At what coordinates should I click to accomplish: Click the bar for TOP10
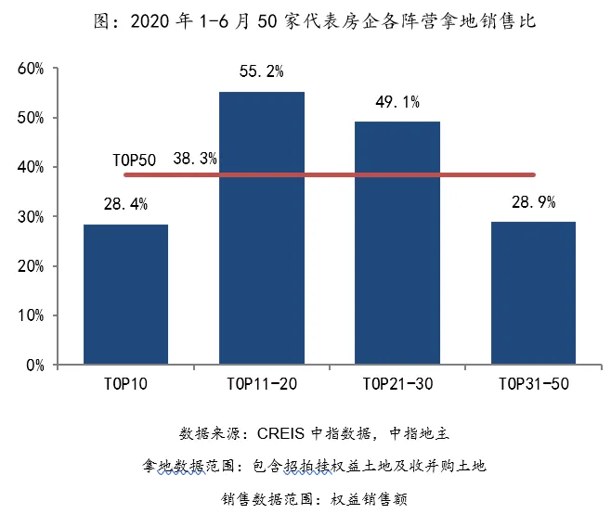pyautogui.click(x=125, y=294)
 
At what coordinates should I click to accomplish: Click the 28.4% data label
pyautogui.click(x=125, y=204)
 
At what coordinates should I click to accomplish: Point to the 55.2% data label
pyautogui.click(x=261, y=71)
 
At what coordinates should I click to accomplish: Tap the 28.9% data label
pyautogui.click(x=533, y=201)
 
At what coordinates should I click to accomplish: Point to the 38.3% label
pyautogui.click(x=195, y=159)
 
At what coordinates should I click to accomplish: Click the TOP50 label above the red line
pyautogui.click(x=134, y=160)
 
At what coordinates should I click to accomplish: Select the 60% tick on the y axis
pyautogui.click(x=31, y=69)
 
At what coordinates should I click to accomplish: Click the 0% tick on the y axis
pyautogui.click(x=34, y=366)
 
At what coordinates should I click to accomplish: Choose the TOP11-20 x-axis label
pyautogui.click(x=261, y=383)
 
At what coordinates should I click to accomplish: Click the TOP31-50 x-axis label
pyautogui.click(x=533, y=383)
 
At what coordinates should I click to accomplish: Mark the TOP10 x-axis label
pyautogui.click(x=125, y=383)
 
